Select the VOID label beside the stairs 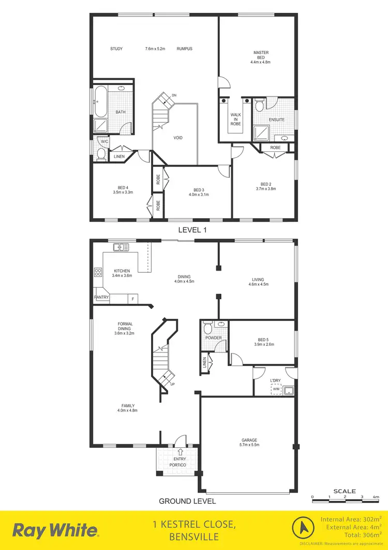(178, 137)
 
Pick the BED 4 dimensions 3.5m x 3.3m (123, 192)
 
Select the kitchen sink (122, 247)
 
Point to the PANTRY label (101, 298)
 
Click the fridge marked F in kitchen (133, 299)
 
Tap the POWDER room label (213, 338)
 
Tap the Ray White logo (55, 530)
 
